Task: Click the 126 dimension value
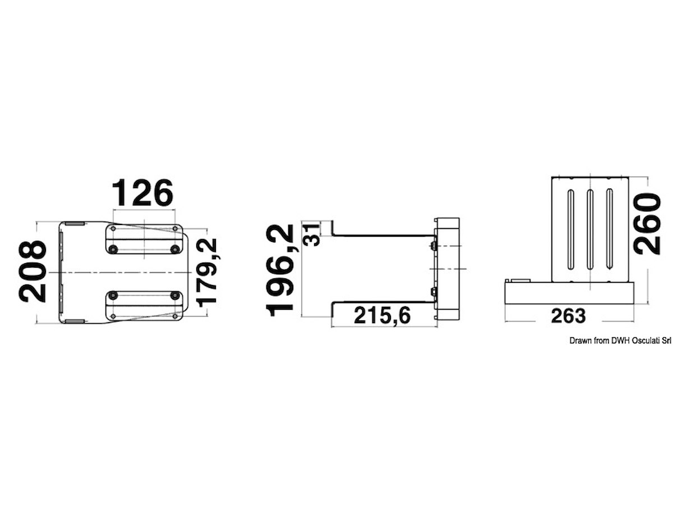pyautogui.click(x=143, y=192)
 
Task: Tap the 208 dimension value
pyautogui.click(x=33, y=272)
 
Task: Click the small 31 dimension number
pyautogui.click(x=311, y=235)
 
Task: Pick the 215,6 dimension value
pyautogui.click(x=382, y=316)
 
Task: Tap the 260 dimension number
pyautogui.click(x=648, y=224)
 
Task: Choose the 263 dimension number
pyautogui.click(x=568, y=316)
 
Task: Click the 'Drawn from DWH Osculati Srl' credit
pyautogui.click(x=620, y=341)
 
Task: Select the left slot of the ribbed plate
pyautogui.click(x=570, y=229)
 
